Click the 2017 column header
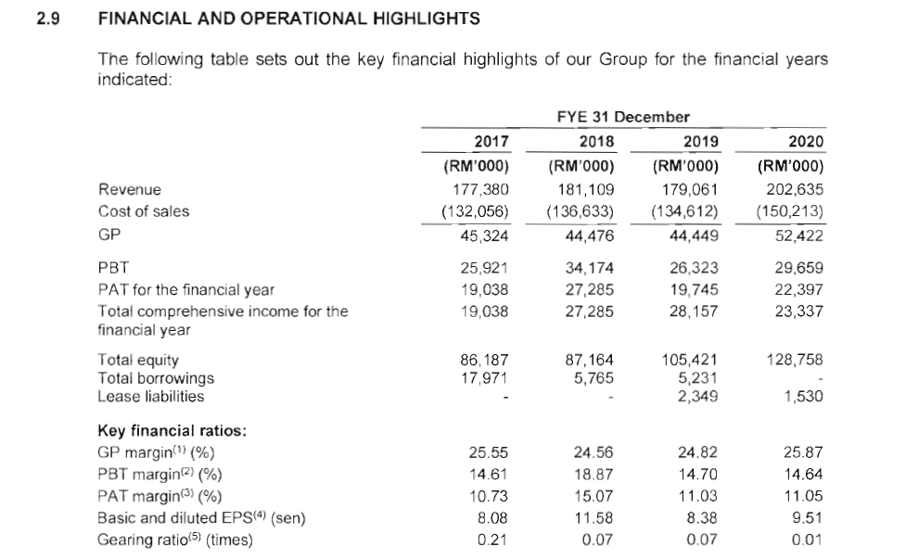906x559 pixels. pyautogui.click(x=491, y=141)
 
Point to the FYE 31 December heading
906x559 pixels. pyautogui.click(x=623, y=117)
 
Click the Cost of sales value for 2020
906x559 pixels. pyautogui.click(x=790, y=210)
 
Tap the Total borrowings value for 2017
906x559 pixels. pyautogui.click(x=484, y=377)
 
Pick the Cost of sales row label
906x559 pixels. pyautogui.click(x=144, y=210)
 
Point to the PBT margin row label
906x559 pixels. pyautogui.click(x=157, y=474)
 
